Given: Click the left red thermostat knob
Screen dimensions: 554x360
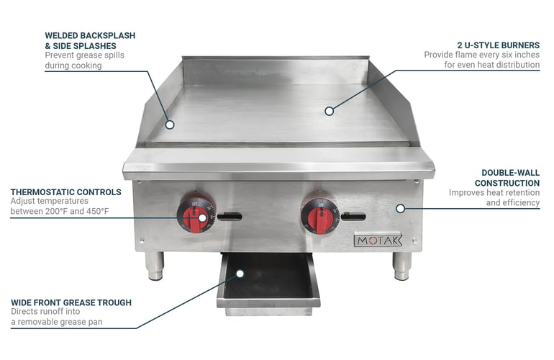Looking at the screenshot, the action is [196, 215].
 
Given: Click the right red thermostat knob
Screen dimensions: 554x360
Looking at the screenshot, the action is [320, 217].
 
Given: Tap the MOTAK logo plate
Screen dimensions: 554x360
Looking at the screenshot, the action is [378, 240].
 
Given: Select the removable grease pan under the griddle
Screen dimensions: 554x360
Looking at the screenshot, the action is [268, 284].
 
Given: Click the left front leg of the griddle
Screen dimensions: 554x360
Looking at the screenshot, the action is [155, 266].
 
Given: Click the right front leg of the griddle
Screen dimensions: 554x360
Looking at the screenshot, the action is [402, 266].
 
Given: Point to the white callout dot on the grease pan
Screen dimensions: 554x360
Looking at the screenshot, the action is [240, 274].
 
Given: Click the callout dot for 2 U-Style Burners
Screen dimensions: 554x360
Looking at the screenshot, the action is [329, 111].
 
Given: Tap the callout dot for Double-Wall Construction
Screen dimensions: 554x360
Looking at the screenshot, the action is [400, 209].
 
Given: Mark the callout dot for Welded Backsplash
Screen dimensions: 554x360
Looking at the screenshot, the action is [170, 125].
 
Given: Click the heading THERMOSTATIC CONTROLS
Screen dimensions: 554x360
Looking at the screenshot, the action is [65, 192].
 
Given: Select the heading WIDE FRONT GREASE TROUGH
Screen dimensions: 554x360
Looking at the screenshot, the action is [71, 302].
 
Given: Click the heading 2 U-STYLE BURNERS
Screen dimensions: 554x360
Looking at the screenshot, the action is [499, 45].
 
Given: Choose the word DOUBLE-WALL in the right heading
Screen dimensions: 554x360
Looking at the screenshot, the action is [511, 173].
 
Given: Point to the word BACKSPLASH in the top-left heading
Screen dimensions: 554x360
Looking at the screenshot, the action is [107, 35].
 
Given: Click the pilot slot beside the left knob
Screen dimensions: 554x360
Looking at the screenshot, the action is [230, 216].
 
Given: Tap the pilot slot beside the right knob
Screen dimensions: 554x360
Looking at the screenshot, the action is [354, 216].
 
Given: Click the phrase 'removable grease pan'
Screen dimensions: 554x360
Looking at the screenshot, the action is [60, 322].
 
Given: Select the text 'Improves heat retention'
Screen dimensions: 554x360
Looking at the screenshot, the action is [494, 193].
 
